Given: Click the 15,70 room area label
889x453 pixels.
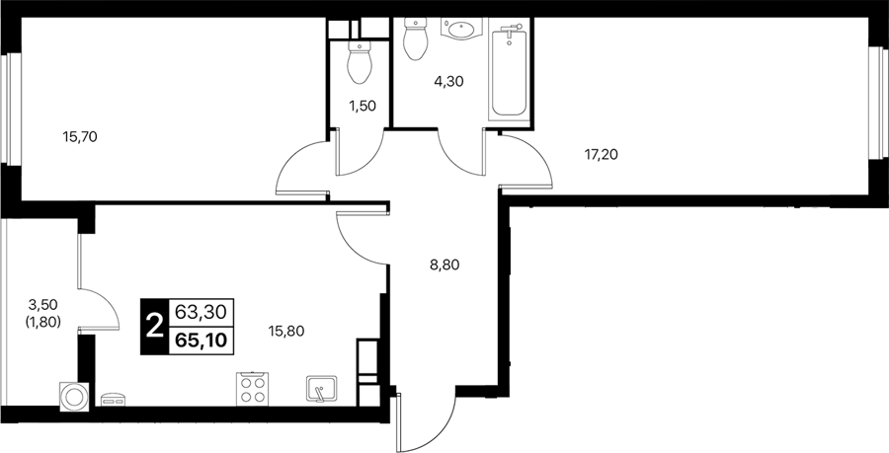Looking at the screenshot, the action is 80,136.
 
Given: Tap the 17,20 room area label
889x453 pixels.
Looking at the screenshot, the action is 601,153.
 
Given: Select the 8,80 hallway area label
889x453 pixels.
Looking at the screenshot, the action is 444,264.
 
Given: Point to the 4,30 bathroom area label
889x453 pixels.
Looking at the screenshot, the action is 449,82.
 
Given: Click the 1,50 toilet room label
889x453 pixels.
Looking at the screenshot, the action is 363,106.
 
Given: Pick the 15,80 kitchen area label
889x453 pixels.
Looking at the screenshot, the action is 286,332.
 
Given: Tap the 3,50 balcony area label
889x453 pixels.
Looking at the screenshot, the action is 43,305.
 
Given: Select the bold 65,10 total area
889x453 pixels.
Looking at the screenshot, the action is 202,340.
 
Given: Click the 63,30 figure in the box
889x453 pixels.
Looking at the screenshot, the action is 202,311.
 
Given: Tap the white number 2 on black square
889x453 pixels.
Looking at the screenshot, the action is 154,327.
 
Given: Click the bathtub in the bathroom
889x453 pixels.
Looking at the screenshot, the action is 509,71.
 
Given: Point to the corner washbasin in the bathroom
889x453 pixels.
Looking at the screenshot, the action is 461,29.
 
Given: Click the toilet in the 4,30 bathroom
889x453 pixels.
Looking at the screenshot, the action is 416,38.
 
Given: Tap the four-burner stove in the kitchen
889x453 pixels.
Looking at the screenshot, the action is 252,389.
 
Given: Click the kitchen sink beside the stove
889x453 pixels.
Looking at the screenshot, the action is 321,389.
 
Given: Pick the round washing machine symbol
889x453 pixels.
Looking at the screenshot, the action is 74,396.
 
